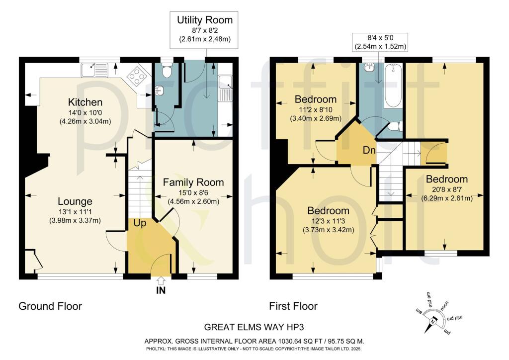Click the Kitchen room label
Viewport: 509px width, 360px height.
click(85, 102)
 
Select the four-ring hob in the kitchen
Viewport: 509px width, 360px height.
click(135, 76)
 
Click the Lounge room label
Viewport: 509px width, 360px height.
click(75, 201)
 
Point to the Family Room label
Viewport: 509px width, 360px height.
click(194, 182)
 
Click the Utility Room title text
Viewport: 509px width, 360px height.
click(205, 20)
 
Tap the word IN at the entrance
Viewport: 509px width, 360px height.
click(160, 290)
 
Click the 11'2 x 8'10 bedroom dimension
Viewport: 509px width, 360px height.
click(316, 110)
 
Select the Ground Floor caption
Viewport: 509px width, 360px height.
click(50, 306)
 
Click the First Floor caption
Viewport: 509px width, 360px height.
click(293, 306)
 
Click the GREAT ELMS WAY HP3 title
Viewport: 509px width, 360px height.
click(254, 327)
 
